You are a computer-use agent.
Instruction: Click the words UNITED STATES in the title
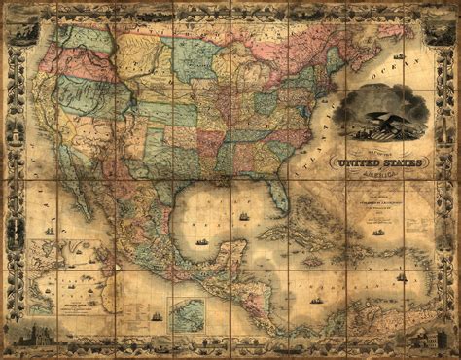pos(378,162)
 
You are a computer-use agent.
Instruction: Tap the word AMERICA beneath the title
pos(380,174)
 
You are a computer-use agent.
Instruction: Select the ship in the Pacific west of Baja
pos(50,232)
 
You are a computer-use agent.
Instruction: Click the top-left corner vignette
pos(21,23)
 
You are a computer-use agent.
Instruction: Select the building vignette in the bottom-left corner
pos(21,336)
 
